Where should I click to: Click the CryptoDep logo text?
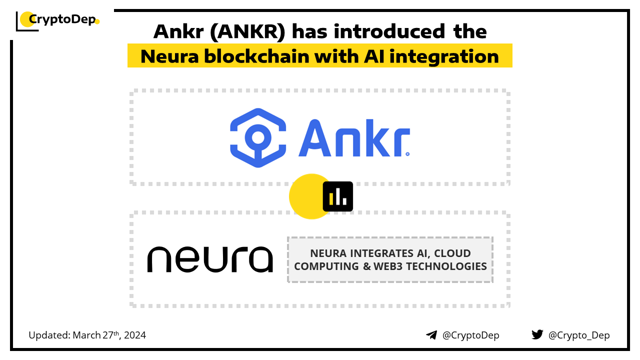pos(62,19)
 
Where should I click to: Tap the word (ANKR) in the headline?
pos(247,32)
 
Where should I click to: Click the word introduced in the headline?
pos(389,31)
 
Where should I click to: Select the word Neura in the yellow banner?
pos(169,56)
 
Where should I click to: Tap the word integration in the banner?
pos(444,57)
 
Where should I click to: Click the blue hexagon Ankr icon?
pos(258,137)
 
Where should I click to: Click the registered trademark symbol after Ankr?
pos(407,154)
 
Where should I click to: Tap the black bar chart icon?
pos(337,196)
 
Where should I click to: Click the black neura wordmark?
pos(210,259)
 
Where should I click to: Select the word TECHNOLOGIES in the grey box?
pos(446,266)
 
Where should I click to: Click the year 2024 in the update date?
pos(135,335)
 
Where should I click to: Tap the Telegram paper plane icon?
pos(431,335)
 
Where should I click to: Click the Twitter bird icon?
pos(537,334)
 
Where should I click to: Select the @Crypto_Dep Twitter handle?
pos(579,335)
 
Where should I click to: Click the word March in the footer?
pos(86,335)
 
